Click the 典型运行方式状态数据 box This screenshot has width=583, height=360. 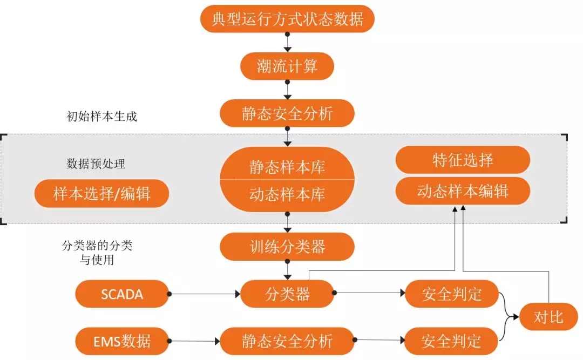point(287,19)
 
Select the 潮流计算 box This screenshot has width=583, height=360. point(287,66)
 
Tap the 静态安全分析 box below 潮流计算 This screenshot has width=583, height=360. point(287,113)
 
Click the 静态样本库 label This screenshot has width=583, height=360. point(287,166)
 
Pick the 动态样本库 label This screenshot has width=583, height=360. point(287,194)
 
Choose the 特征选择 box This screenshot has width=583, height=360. point(463,160)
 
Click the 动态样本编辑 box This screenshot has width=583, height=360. point(463,191)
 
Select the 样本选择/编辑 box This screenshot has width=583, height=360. point(101,193)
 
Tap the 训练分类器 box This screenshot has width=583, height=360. point(287,247)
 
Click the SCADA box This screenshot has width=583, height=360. point(122,294)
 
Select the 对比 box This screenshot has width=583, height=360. point(548,317)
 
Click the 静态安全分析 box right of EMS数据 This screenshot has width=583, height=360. point(287,341)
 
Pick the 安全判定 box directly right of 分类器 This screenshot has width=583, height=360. point(451,294)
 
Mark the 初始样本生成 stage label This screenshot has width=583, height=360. point(101,117)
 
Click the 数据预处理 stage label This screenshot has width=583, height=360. point(96,164)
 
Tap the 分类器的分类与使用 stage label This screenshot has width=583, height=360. point(97,253)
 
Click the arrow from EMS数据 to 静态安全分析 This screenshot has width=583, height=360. point(194,341)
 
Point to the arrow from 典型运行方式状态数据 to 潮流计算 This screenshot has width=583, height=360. point(287,42)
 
